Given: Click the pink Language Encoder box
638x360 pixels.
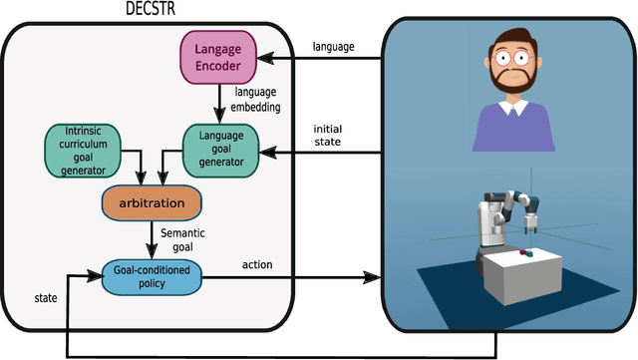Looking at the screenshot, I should tap(218, 57).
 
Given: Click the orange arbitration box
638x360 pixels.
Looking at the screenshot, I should tap(152, 204).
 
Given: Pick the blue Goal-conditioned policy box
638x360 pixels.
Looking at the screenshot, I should tap(152, 277).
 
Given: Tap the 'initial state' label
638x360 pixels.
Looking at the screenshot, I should tap(329, 135).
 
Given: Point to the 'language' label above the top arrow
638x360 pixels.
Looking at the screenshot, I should tap(332, 46).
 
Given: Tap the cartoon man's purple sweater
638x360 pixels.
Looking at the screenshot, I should tap(513, 125).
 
